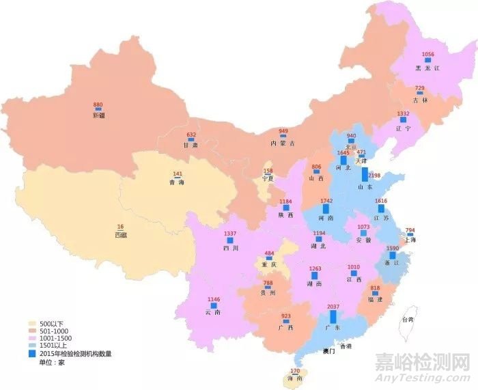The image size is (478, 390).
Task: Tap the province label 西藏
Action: click(x=121, y=235)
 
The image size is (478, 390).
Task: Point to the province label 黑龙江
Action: click(x=429, y=68)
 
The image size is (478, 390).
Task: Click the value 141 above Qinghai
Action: click(x=177, y=174)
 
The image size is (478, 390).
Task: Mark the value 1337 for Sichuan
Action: click(x=231, y=234)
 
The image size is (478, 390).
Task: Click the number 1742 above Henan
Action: click(x=326, y=201)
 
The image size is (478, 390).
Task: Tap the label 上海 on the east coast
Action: click(x=410, y=240)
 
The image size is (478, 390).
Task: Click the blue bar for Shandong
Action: click(x=365, y=174)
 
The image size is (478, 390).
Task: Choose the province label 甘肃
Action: click(x=191, y=145)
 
